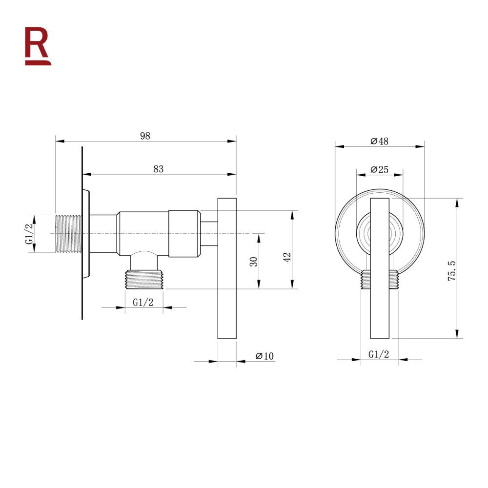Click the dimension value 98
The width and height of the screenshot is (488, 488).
click(145, 136)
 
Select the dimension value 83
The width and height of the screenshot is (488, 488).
click(158, 169)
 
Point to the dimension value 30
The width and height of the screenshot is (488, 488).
click(253, 261)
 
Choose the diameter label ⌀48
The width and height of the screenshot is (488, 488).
click(379, 141)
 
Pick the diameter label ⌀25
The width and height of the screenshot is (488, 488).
click(379, 169)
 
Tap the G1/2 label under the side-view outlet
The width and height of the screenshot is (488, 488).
click(143, 302)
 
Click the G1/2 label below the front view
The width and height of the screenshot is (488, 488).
click(379, 354)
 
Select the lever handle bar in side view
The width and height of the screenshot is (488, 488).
click(226, 268)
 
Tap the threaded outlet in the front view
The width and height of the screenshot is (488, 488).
click(380, 280)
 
